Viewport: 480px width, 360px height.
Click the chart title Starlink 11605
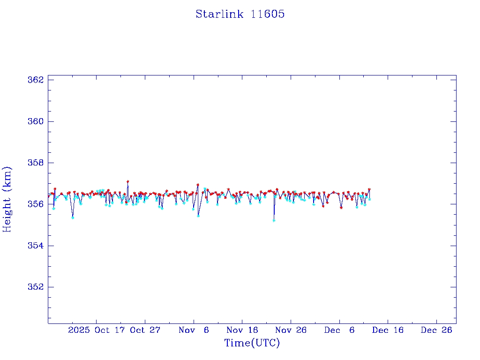pos(240,14)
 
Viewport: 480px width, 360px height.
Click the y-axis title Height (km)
pos(7,199)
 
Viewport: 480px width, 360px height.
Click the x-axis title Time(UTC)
pos(252,343)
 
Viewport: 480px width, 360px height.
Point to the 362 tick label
pos(36,80)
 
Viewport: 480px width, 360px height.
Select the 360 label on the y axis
pos(36,121)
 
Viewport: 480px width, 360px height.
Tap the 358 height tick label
pos(36,163)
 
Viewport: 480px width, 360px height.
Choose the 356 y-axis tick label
pos(36,204)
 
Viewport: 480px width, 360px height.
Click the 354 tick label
pos(36,246)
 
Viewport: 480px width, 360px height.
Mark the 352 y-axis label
pos(36,287)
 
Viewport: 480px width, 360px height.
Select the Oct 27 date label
pos(145,330)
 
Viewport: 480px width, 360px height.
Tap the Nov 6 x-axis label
pos(194,330)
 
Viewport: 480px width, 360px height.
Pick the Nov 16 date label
pos(242,330)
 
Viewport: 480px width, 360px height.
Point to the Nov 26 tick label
pos(291,330)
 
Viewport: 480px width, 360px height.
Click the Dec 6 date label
pos(339,330)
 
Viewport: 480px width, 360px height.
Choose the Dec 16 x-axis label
pos(388,330)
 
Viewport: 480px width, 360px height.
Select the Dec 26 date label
pos(436,330)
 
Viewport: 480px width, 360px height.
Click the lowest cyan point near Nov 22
pos(274,220)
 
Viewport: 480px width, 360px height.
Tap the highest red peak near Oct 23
pos(127,181)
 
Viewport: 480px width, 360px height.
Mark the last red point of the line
pos(369,189)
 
